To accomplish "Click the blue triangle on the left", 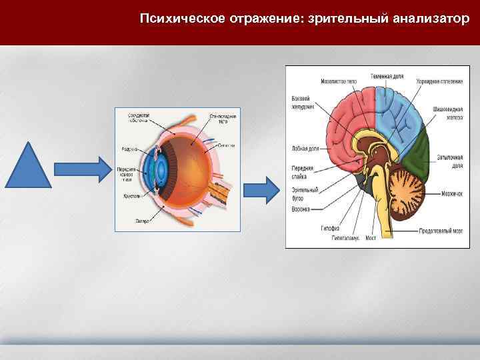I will (x=29, y=167).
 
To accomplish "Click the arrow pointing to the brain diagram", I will (x=266, y=190).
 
